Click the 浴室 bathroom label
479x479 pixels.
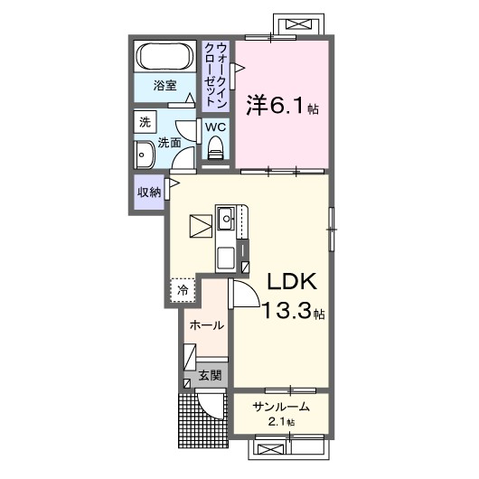[x=164, y=87]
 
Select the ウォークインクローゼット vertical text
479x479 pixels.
[x=215, y=70]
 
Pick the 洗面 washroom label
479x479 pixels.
[x=171, y=142]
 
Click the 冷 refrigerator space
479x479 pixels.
[x=182, y=289]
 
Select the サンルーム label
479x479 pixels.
[x=282, y=405]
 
